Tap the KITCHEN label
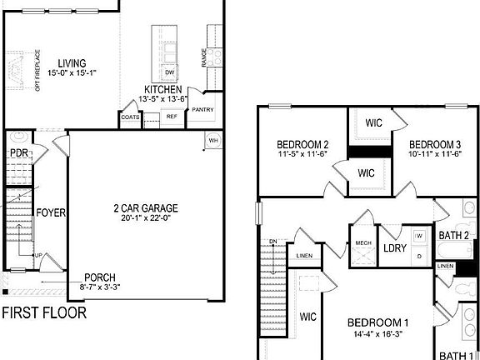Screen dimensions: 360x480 pyautogui.click(x=163, y=89)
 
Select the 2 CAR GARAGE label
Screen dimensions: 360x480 pyautogui.click(x=146, y=208)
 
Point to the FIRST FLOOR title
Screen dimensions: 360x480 pyautogui.click(x=43, y=314)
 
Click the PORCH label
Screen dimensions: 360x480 pyautogui.click(x=99, y=278)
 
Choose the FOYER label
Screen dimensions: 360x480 pyautogui.click(x=50, y=212)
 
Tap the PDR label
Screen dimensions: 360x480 pyautogui.click(x=19, y=153)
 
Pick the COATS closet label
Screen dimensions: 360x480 pyautogui.click(x=130, y=117)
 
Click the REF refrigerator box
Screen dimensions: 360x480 pyautogui.click(x=172, y=117)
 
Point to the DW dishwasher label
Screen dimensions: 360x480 pyautogui.click(x=169, y=72)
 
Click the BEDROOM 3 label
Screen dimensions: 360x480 pyautogui.click(x=434, y=143)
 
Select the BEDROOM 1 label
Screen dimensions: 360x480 pyautogui.click(x=377, y=323)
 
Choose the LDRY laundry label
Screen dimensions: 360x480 pyautogui.click(x=393, y=247)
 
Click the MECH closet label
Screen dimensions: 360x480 pyautogui.click(x=363, y=242)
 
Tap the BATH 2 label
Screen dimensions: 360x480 pyautogui.click(x=454, y=236)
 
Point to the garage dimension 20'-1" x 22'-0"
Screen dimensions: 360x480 pyautogui.click(x=147, y=218)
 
